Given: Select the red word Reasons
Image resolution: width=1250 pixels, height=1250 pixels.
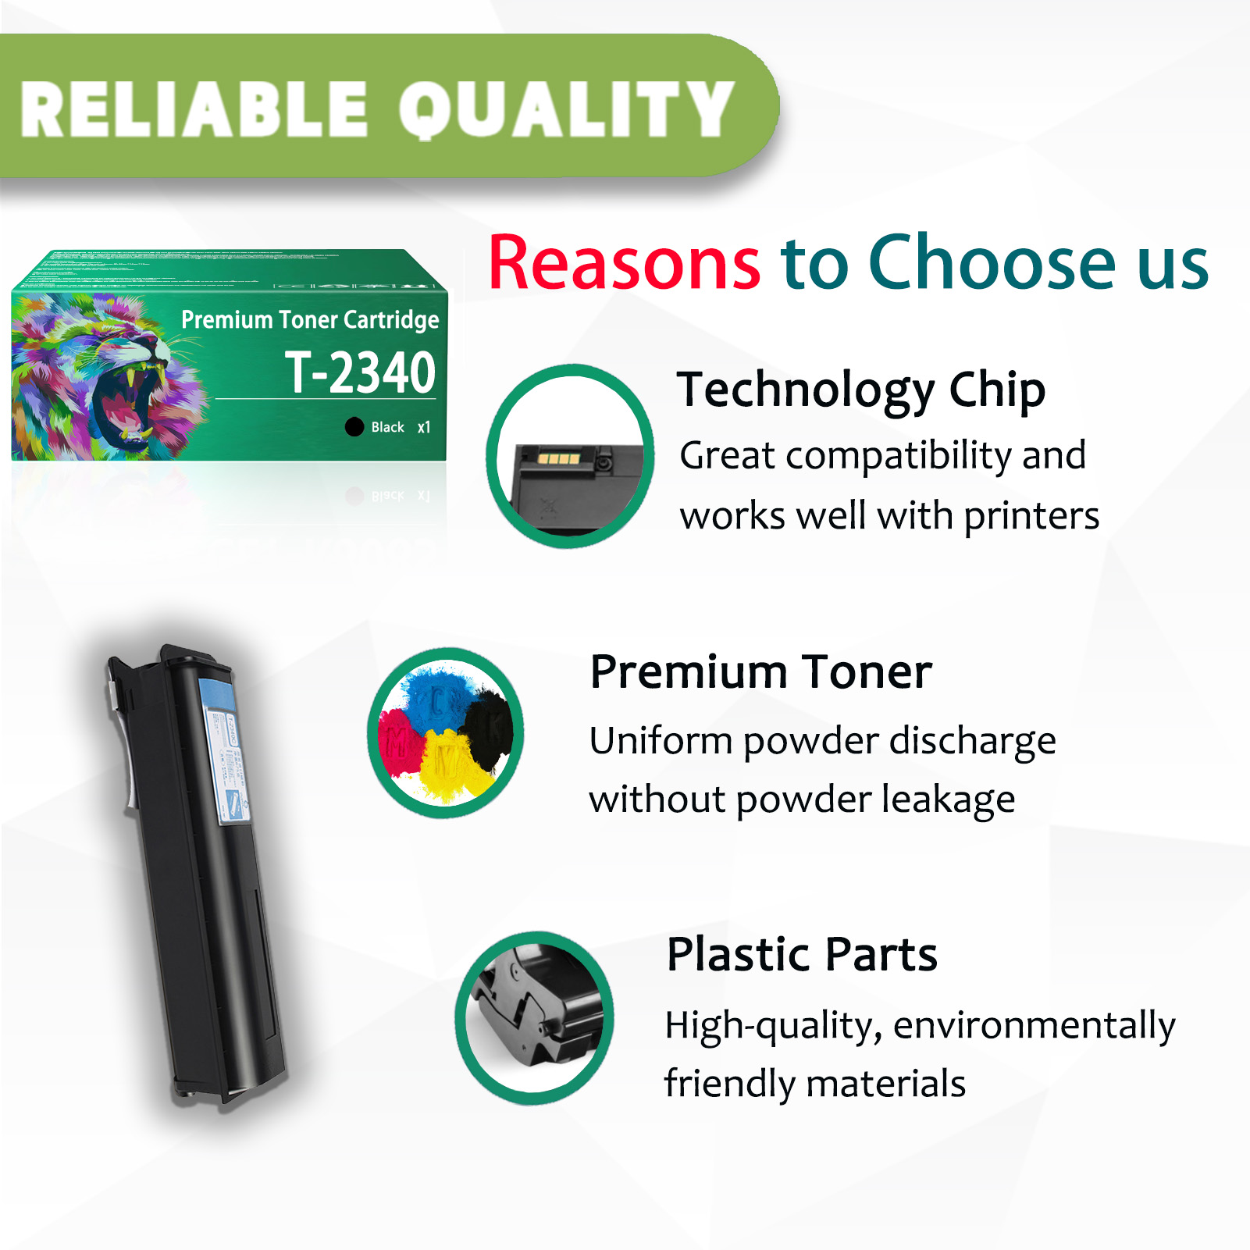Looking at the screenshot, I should tap(624, 263).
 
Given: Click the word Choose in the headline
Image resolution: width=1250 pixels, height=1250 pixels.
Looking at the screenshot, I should tap(992, 263).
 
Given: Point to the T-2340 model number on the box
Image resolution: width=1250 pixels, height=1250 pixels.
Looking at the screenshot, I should tap(359, 372).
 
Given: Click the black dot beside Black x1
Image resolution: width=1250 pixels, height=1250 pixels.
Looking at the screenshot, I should tap(354, 426).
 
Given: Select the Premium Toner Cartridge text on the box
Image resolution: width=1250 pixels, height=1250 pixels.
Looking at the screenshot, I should tap(310, 319).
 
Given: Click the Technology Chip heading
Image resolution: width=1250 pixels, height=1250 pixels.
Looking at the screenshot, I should tap(860, 390).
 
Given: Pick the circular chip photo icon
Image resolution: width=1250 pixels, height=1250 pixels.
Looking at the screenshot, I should tap(570, 456).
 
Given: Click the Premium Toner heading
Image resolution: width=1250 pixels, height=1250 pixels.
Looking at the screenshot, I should tap(760, 671).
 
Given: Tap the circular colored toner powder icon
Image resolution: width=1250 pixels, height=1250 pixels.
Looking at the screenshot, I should tap(446, 732).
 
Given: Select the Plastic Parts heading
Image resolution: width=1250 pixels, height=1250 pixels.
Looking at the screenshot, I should tap(802, 954).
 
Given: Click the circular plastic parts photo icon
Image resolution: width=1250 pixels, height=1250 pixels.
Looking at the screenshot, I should tap(535, 1017).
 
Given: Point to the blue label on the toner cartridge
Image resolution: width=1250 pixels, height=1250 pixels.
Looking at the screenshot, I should tap(225, 750).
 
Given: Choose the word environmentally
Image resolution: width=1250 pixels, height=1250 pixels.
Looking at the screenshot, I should tap(1034, 1025).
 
